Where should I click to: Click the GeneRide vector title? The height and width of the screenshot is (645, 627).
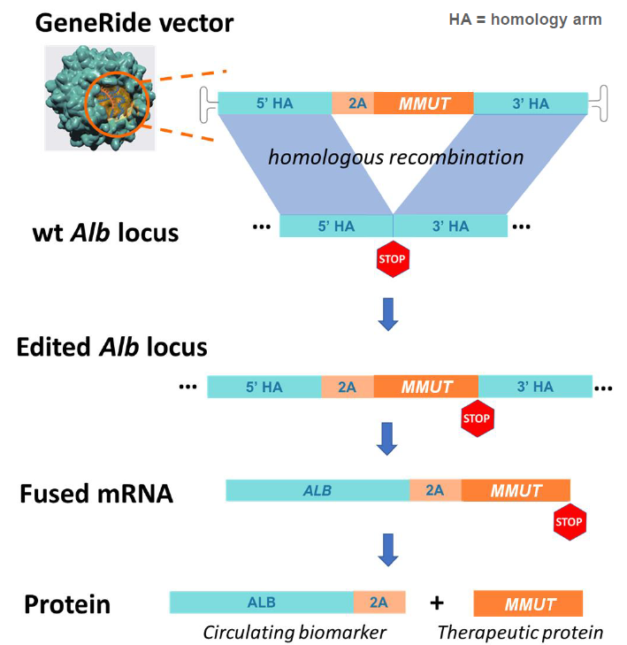pos(134,23)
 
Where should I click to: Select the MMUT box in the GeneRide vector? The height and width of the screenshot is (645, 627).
pos(424,104)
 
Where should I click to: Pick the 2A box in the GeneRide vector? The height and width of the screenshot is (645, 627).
pos(353,104)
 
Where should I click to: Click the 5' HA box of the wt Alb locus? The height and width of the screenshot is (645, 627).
pos(336,226)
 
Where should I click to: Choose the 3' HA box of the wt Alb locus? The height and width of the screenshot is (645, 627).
pos(450,226)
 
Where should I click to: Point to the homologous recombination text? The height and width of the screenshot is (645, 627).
pos(395,157)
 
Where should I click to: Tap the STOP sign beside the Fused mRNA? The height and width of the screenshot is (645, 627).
pos(569,521)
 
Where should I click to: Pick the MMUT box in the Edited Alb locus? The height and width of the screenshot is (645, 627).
pos(426,387)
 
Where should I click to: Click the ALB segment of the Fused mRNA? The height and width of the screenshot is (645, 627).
pos(317,490)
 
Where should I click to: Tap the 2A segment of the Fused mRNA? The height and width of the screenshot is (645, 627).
pos(435,490)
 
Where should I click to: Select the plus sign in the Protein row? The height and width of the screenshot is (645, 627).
pos(436,603)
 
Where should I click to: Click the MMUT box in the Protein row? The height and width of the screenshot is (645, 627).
pos(529,604)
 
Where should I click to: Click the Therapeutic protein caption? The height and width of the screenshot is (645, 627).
pos(521,632)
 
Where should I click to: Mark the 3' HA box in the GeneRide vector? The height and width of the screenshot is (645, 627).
pos(530,104)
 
